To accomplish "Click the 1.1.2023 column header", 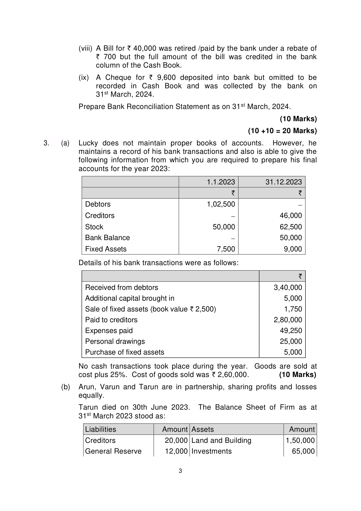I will coord(220,182).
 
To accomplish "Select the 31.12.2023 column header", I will coord(283,182).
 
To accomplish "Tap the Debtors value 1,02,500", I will coord(221,204).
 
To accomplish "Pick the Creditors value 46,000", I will coord(291,216).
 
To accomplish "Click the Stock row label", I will coord(94,227).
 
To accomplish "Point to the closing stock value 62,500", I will coord(291,227).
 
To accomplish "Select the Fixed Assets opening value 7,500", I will coord(224,249).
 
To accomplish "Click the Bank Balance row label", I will coord(107,238).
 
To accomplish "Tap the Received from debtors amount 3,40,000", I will coord(288,288).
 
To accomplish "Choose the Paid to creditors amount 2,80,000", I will coord(288,320).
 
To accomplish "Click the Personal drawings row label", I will coord(115,341).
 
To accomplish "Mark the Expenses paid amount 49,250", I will coord(291,331).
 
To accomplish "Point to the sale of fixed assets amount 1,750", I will coord(293,309).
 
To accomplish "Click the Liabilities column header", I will coord(100,429).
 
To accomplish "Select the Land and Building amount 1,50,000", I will coord(300,440).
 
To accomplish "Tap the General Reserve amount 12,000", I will coord(176,451).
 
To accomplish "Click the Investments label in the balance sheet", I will coord(211,451).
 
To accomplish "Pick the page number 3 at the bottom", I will coord(180,471).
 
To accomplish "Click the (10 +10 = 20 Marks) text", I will coord(282,131).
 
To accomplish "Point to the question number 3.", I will coord(46,143).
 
